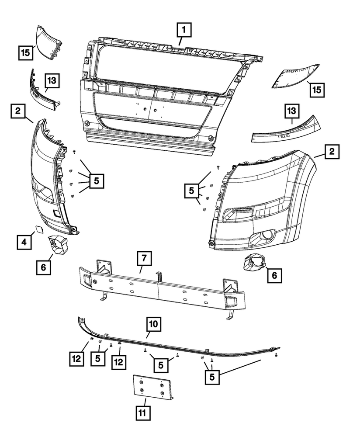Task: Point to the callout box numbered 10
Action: pyautogui.click(x=154, y=325)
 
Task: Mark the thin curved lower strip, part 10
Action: pyautogui.click(x=175, y=343)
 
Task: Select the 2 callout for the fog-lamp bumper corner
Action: pyautogui.click(x=332, y=153)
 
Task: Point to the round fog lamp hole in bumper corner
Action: pyautogui.click(x=265, y=238)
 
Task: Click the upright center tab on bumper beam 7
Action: pyautogui.click(x=159, y=277)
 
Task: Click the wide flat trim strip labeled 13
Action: pyautogui.click(x=288, y=130)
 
